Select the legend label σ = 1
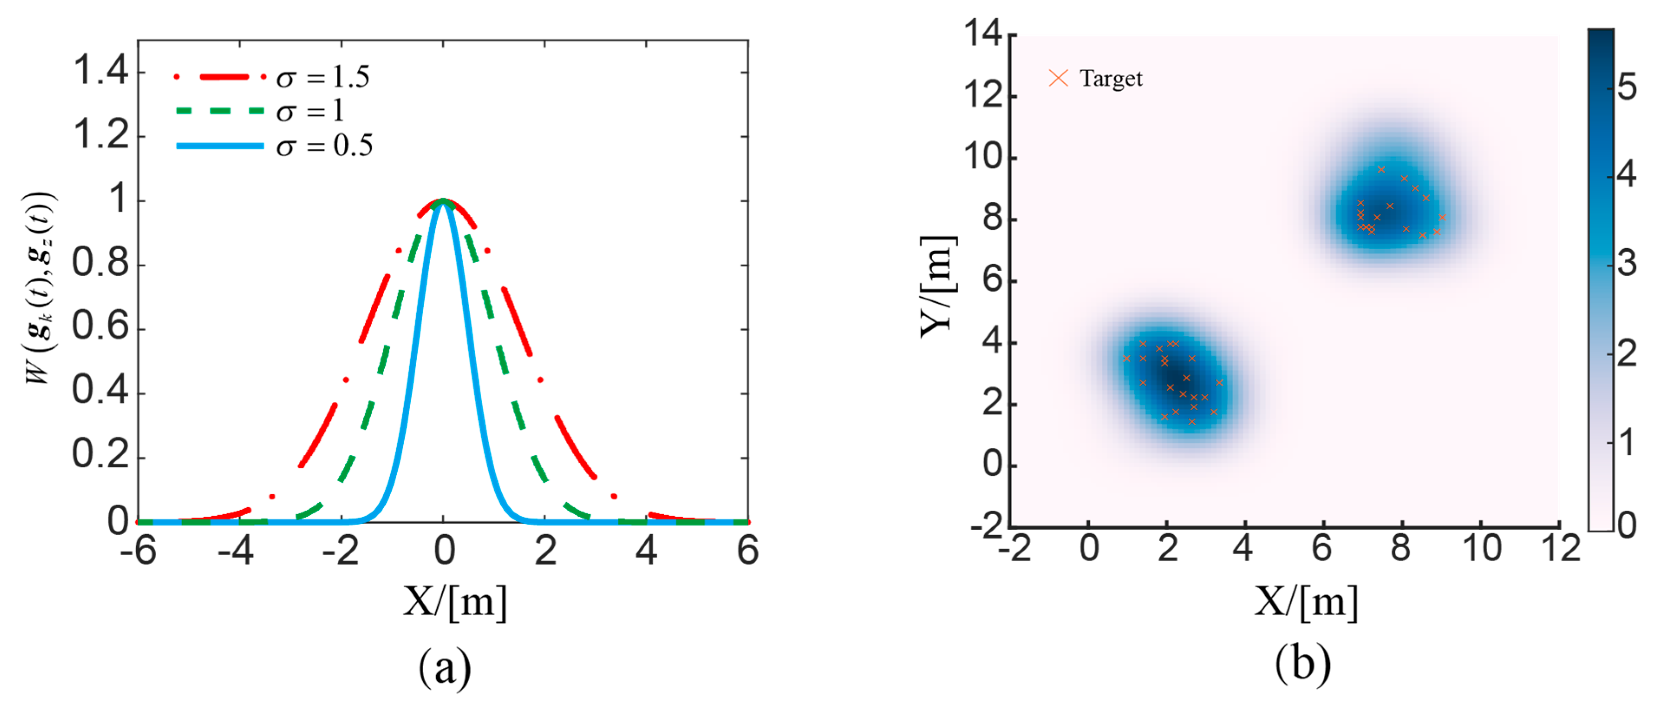(310, 112)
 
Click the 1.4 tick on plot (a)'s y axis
(101, 70)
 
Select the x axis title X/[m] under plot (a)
(454, 602)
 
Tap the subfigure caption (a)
(445, 667)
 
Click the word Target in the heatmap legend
(1110, 79)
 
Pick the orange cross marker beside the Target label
(1058, 78)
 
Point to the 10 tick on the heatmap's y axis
(983, 157)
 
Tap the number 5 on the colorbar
(1627, 87)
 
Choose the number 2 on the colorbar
(1627, 354)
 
